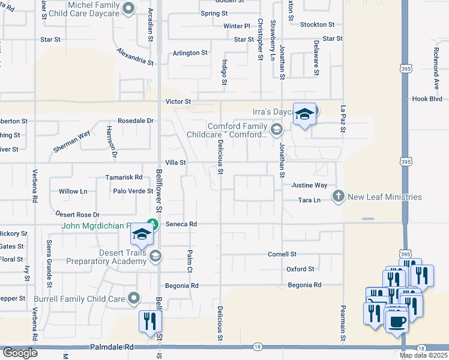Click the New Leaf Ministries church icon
point(339,197)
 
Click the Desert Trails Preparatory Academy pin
point(155,256)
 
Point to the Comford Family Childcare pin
point(276,129)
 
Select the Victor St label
point(178,102)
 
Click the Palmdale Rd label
point(112,347)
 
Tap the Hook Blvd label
point(427,98)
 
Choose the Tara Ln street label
point(310,200)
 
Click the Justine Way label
point(310,186)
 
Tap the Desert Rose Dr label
point(77,214)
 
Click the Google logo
point(20,353)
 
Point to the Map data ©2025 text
point(423,355)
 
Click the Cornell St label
point(282,254)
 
